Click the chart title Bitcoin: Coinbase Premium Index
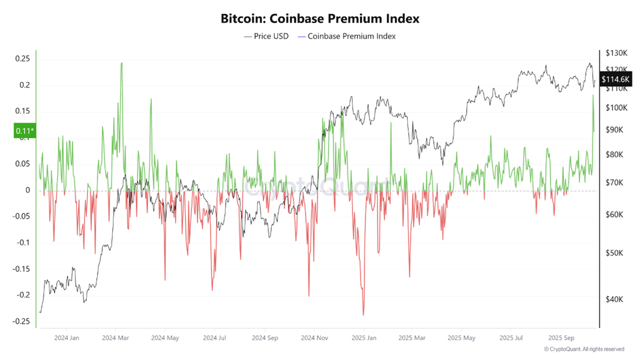point(319,18)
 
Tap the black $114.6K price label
point(615,79)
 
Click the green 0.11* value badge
point(24,131)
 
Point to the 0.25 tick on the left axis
point(22,59)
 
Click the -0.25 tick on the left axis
point(21,321)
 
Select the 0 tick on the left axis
point(27,190)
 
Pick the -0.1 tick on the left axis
point(22,242)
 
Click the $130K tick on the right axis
point(617,54)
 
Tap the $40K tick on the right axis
point(615,299)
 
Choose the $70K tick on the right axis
point(615,183)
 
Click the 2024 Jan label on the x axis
point(66,337)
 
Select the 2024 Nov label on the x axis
point(314,337)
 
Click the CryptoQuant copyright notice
point(584,349)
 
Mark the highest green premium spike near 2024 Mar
point(121,62)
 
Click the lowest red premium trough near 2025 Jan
point(363,314)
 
